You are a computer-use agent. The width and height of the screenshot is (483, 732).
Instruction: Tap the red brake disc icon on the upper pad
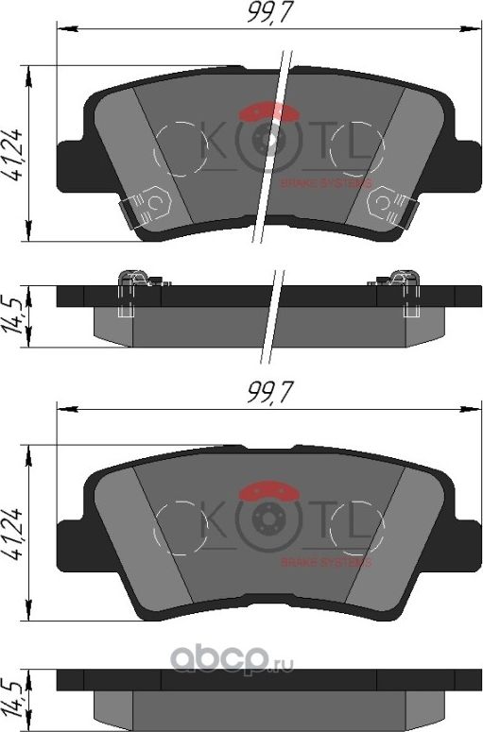click(269, 113)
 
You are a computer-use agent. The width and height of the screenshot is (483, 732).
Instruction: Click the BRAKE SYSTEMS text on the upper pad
click(326, 183)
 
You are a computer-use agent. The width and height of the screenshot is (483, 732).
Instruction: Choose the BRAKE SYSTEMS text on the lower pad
click(326, 562)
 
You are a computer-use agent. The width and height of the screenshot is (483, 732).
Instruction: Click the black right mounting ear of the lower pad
click(463, 543)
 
